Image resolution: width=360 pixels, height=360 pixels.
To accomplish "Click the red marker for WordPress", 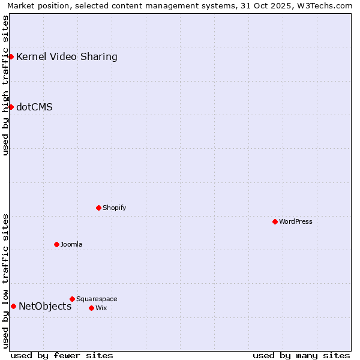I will pos(275,221).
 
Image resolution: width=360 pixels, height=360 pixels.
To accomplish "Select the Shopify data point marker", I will pos(98,208).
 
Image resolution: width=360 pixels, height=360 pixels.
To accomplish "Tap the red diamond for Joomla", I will pos(56,244).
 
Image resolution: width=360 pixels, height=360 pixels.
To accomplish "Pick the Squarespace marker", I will pos(72,299).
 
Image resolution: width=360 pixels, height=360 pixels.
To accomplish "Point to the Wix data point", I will pos(91,308).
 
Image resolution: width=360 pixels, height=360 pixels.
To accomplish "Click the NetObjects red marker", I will pos(13,306).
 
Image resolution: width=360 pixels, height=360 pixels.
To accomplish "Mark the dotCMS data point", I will pos(11,107).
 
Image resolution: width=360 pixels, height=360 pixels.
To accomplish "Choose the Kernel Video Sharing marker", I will pos(11,56).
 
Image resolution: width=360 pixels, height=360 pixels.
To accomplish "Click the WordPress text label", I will pos(296,221).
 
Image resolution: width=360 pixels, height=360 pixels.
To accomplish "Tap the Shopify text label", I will pos(114,208).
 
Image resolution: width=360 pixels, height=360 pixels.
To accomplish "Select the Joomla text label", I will pos(71,244).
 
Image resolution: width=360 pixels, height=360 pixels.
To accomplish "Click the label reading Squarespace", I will pos(97,299).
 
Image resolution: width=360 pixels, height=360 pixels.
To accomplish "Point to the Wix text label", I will pos(101,308).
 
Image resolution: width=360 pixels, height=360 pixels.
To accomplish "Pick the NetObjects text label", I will pos(45,306).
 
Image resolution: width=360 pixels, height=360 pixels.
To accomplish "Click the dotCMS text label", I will pos(34,107).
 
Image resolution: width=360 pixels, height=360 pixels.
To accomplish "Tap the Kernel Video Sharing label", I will pos(67,57).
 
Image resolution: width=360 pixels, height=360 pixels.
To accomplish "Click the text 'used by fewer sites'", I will pos(62,355).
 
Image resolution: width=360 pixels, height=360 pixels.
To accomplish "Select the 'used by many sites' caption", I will pos(301,355).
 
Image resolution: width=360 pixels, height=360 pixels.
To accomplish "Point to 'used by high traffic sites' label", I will pos(6,85).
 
